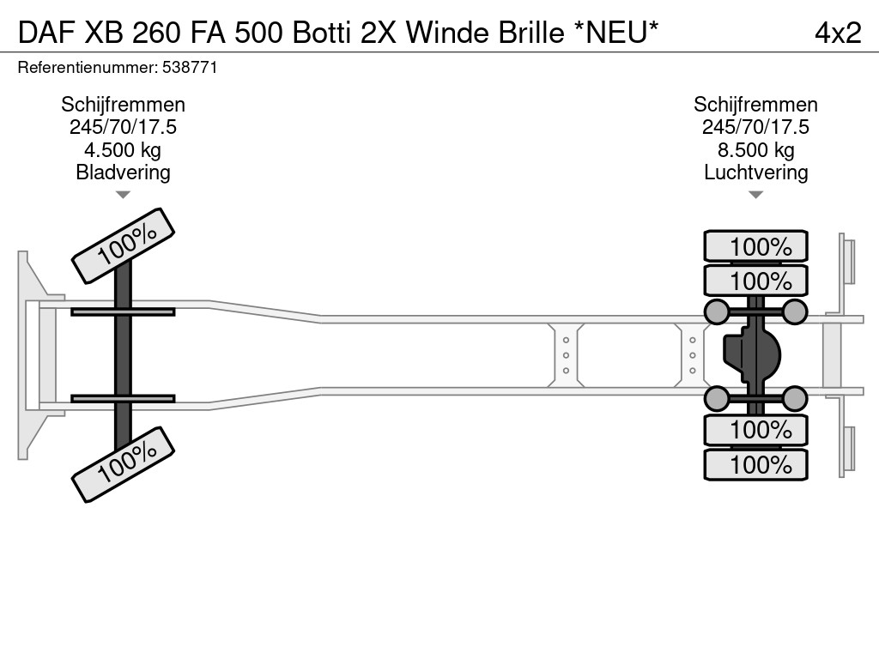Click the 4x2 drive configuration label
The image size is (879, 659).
(x=838, y=33)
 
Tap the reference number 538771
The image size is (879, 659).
(x=190, y=68)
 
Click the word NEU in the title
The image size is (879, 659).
(x=615, y=33)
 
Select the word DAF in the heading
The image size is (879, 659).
(x=46, y=33)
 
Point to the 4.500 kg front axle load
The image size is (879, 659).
(x=123, y=149)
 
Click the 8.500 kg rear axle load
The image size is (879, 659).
(x=755, y=149)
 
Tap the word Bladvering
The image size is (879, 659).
(x=123, y=172)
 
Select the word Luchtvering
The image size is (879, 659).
(x=755, y=172)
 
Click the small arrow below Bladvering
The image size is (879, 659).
(x=123, y=195)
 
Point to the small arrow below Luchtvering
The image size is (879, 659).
(x=755, y=195)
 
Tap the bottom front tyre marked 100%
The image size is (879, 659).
(x=124, y=464)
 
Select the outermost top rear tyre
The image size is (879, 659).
(x=755, y=245)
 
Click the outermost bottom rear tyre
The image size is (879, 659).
(x=755, y=464)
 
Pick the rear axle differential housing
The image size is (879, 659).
(x=752, y=355)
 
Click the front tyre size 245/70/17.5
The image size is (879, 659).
(x=123, y=127)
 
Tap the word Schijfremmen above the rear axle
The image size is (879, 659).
(x=755, y=105)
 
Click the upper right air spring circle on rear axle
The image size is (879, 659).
(x=794, y=311)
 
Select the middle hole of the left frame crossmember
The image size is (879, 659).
(x=566, y=355)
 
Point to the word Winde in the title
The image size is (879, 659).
(x=447, y=33)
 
